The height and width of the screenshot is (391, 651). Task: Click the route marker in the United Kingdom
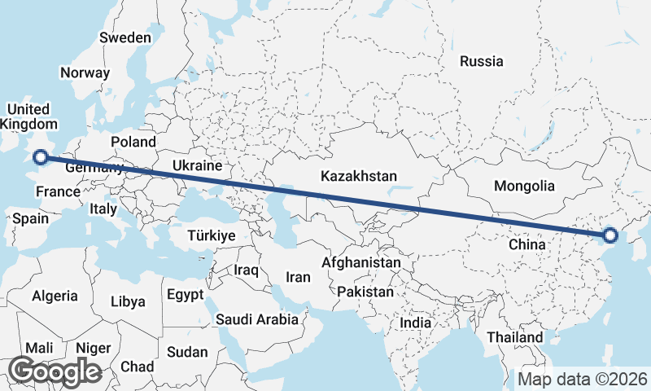click(x=40, y=157)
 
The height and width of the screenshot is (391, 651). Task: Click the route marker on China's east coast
click(x=610, y=237)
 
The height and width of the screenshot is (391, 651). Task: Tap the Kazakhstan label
click(x=359, y=176)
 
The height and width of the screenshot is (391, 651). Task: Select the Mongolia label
click(x=525, y=186)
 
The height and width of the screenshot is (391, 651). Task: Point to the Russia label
click(x=482, y=61)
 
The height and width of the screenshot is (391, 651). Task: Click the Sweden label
click(x=125, y=37)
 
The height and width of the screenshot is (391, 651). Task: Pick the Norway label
click(x=85, y=72)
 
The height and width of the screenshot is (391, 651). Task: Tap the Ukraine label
click(x=197, y=165)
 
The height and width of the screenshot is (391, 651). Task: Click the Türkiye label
click(x=211, y=235)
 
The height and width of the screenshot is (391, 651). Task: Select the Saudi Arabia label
click(x=257, y=320)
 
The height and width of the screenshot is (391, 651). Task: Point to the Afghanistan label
click(x=361, y=263)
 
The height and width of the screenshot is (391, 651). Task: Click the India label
click(x=415, y=323)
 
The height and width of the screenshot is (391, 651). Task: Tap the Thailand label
click(x=514, y=337)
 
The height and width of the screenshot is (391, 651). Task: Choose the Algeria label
click(x=55, y=297)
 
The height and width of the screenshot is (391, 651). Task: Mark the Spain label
click(x=30, y=218)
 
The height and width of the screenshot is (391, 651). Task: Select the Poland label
click(x=133, y=142)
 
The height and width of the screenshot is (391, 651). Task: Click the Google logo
click(x=55, y=371)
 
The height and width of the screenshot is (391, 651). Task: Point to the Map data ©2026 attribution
click(x=583, y=379)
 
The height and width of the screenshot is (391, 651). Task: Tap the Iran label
click(x=299, y=277)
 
